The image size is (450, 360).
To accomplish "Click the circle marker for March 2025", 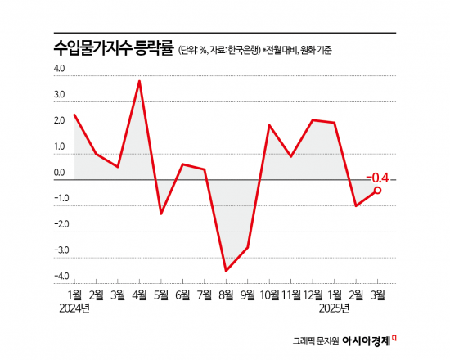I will click(x=377, y=190).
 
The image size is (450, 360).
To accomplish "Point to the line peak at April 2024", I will click(x=140, y=81).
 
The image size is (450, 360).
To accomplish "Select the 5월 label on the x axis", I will click(x=161, y=294).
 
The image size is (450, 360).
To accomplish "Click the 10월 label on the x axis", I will click(x=269, y=294).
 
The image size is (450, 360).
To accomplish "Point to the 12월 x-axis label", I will click(x=313, y=294).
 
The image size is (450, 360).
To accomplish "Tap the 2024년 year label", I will click(x=74, y=308).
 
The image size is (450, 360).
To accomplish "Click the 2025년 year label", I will click(x=334, y=308).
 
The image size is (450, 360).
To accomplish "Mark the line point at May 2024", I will click(x=161, y=214).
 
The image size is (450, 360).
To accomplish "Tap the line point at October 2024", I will click(x=269, y=125).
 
